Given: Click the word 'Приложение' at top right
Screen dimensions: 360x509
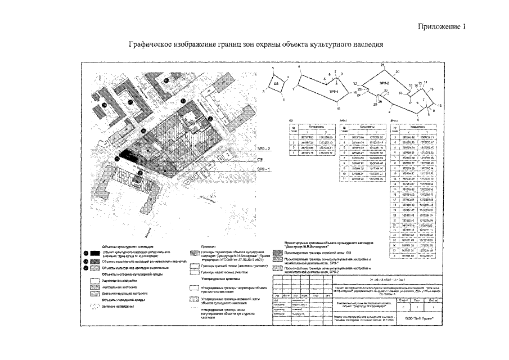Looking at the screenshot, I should coord(440,27).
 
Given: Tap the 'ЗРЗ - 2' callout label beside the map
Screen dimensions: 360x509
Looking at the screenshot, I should coord(263,148).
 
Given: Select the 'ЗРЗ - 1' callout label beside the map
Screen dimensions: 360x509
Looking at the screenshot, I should coord(263,168).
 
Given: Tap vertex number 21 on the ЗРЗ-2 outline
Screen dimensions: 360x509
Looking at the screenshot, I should coord(382,66).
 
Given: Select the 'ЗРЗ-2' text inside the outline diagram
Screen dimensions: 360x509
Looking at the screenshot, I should coord(385,83).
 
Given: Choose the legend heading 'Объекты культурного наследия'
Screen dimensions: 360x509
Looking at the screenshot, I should coord(124,247).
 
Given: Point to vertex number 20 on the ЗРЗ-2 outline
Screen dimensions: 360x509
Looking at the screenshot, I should coord(398,72).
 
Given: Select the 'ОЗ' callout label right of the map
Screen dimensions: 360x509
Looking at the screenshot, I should coord(260,159).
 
